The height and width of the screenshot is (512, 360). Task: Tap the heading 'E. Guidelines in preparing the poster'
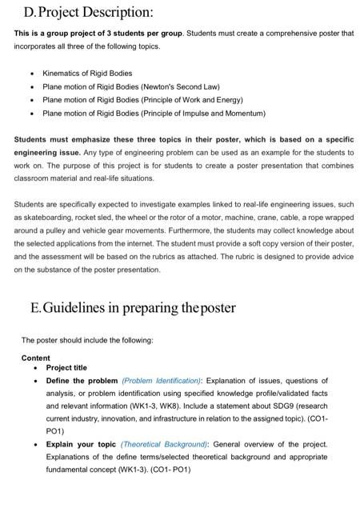point(133,307)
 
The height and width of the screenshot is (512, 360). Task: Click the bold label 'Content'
point(36,358)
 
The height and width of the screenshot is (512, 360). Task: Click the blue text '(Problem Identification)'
point(162,381)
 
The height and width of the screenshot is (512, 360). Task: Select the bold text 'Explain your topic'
point(81,443)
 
